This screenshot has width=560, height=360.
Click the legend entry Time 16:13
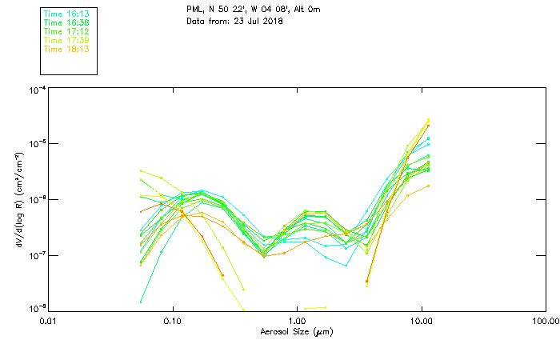66,14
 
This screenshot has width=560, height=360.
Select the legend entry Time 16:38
66,23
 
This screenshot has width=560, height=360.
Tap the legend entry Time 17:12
66,32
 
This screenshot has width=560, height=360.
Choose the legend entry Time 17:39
66,41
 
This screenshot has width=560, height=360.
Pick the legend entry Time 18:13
66,50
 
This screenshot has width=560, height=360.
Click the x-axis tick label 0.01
49,321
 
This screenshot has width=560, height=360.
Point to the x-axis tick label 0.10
173,321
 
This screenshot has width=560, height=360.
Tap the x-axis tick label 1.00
297,321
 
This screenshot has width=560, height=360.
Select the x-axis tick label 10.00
421,321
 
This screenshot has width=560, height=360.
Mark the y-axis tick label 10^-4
36,90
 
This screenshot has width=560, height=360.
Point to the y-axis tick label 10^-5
36,145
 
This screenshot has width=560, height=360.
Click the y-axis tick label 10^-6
36,199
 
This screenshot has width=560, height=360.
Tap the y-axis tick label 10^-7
36,254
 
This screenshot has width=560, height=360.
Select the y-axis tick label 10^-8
36,308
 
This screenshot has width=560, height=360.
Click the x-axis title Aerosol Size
297,331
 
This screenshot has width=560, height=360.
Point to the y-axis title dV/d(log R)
18,199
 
